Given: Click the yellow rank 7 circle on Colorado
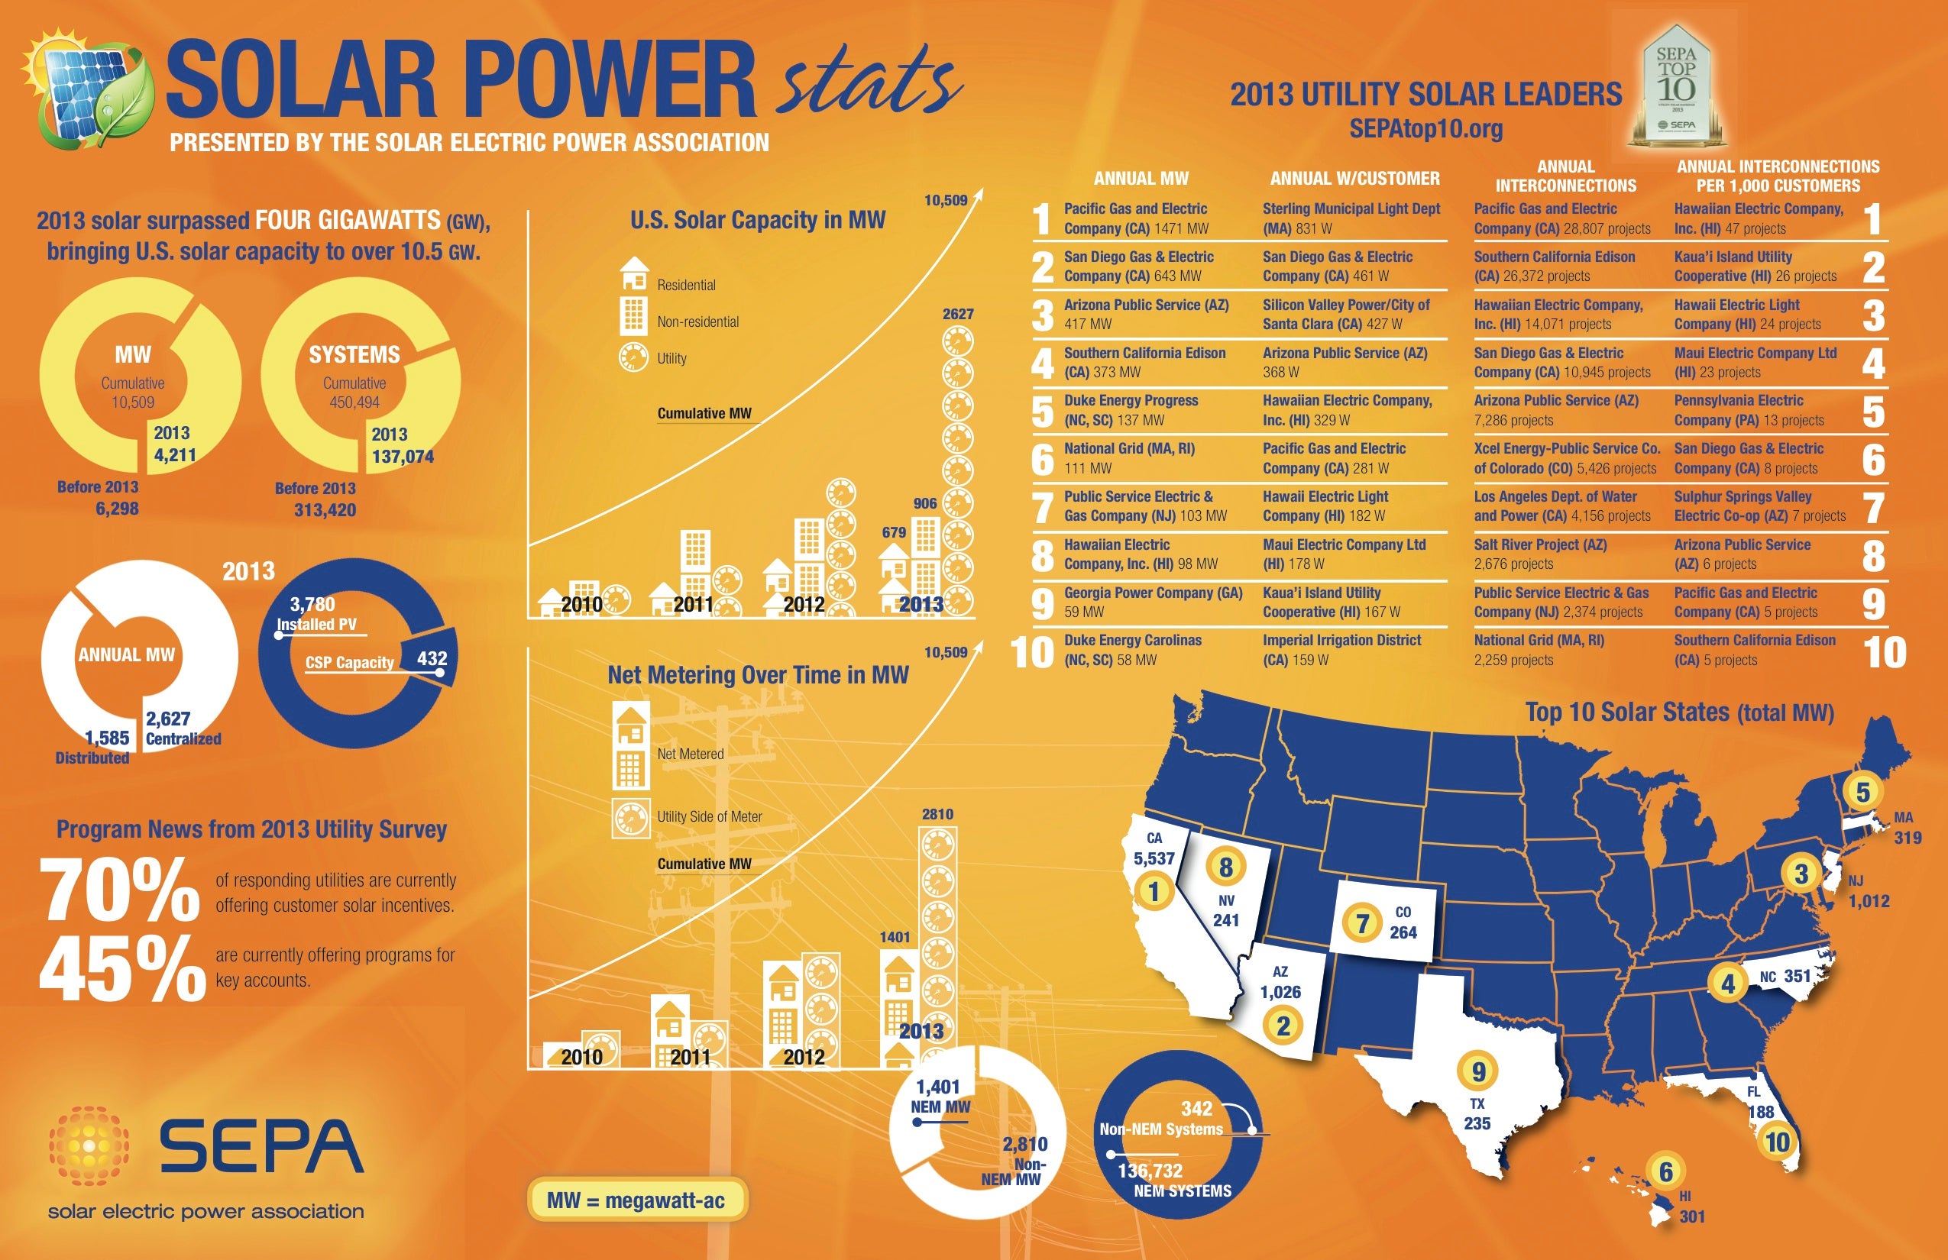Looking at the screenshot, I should pos(1362,924).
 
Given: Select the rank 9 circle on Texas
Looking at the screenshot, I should pos(1478,1071).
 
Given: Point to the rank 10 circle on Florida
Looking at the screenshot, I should pos(1777,1142).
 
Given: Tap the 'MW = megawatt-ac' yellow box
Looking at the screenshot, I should pos(637,1200).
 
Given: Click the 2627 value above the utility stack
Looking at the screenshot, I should pos(958,314).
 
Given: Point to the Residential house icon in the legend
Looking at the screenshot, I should pos(634,274).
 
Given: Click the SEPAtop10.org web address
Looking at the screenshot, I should pos(1425,128).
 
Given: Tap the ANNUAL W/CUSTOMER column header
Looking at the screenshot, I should pos(1354,179).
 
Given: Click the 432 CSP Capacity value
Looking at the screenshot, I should pos(432,658).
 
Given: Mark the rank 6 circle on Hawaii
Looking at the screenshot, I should pos(1665,1171).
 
